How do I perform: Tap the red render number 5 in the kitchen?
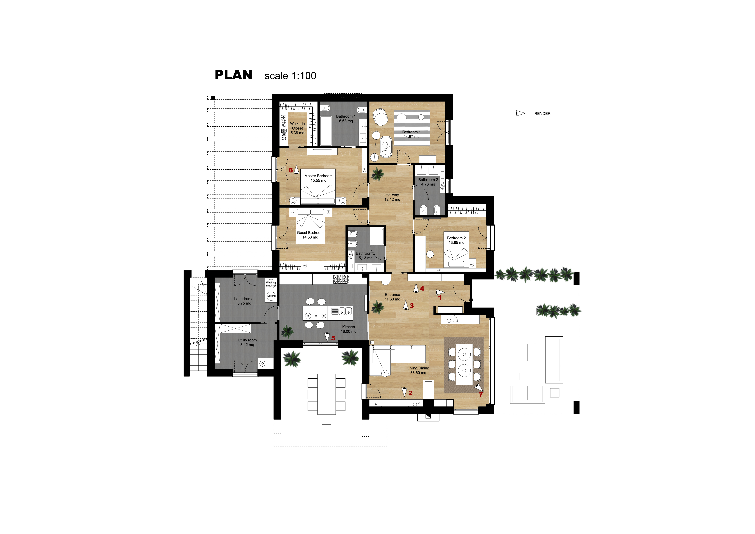pos(333,338)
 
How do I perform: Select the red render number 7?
pos(480,395)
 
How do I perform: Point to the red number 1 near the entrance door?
pos(440,298)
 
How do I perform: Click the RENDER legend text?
pos(542,113)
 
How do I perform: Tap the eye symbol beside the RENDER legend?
pos(520,113)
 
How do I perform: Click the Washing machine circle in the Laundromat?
pos(271,284)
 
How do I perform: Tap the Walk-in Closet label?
pos(297,128)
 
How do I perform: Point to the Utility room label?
pos(247,342)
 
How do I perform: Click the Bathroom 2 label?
pos(428,182)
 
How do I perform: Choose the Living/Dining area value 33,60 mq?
pos(418,373)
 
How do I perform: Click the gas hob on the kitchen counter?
pos(340,279)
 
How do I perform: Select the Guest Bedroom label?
pos(310,235)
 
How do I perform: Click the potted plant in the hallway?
pos(377,174)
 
